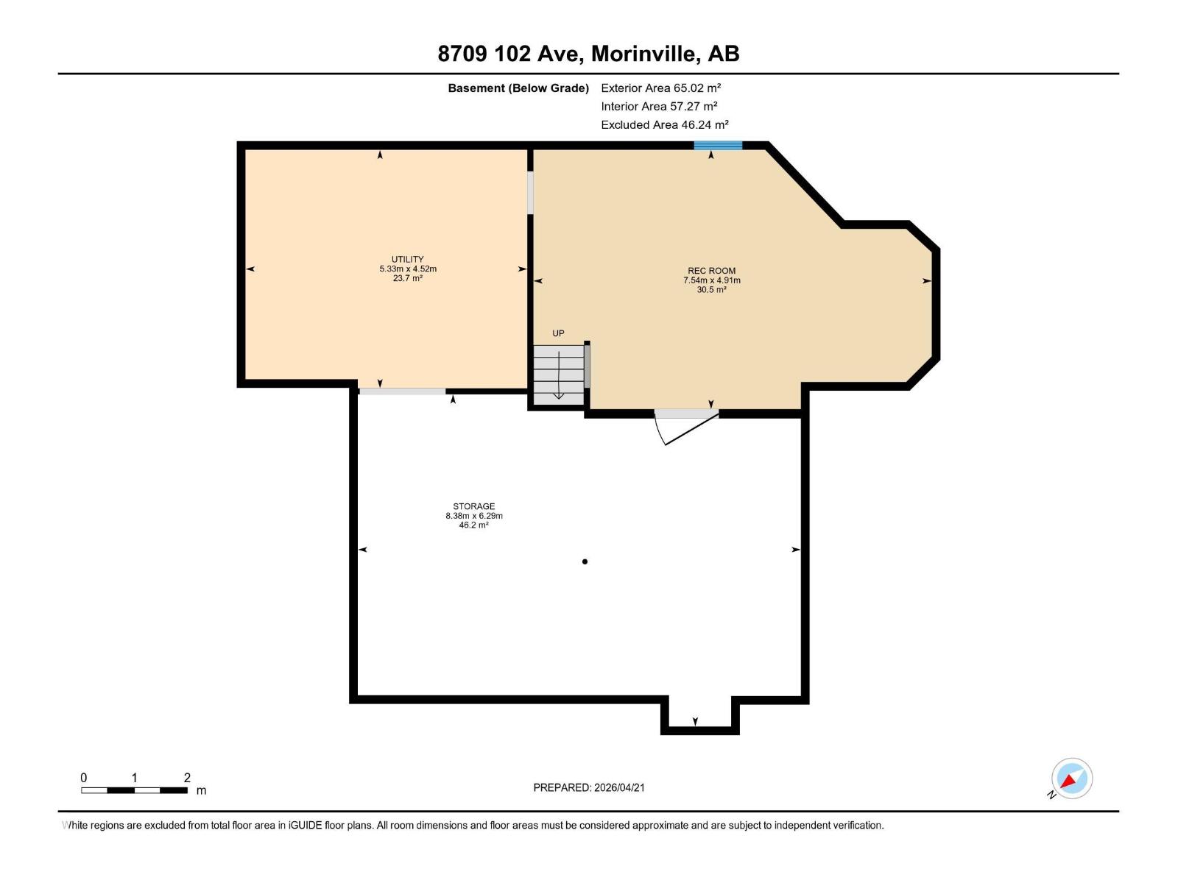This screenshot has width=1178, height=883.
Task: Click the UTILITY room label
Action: click(x=407, y=259)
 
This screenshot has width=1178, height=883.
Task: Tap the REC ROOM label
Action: click(x=711, y=271)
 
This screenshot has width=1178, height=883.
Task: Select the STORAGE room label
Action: click(x=473, y=506)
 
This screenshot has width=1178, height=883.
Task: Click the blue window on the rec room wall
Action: click(x=718, y=146)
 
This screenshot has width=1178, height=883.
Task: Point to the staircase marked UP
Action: click(x=558, y=374)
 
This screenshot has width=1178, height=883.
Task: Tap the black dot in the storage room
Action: click(x=585, y=561)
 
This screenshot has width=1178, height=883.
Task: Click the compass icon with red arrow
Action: click(x=1071, y=779)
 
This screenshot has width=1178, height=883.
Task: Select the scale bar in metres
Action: click(x=134, y=790)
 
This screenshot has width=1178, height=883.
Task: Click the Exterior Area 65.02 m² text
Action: click(x=660, y=88)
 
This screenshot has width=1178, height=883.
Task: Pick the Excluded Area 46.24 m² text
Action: click(x=664, y=125)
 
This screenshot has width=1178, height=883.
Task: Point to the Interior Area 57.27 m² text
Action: click(x=659, y=107)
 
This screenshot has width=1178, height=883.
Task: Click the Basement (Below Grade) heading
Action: click(x=518, y=88)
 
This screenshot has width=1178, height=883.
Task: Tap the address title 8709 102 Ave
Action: click(x=588, y=54)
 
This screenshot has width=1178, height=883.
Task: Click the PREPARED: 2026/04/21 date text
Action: click(x=588, y=787)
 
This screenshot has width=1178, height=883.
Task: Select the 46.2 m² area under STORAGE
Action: click(x=473, y=525)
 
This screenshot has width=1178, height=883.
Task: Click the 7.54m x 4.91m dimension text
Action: click(x=711, y=280)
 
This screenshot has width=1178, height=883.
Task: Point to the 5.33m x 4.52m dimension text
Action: click(x=407, y=269)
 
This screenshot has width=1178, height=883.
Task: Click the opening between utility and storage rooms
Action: click(x=402, y=391)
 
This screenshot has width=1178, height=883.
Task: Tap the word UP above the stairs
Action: click(x=558, y=333)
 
